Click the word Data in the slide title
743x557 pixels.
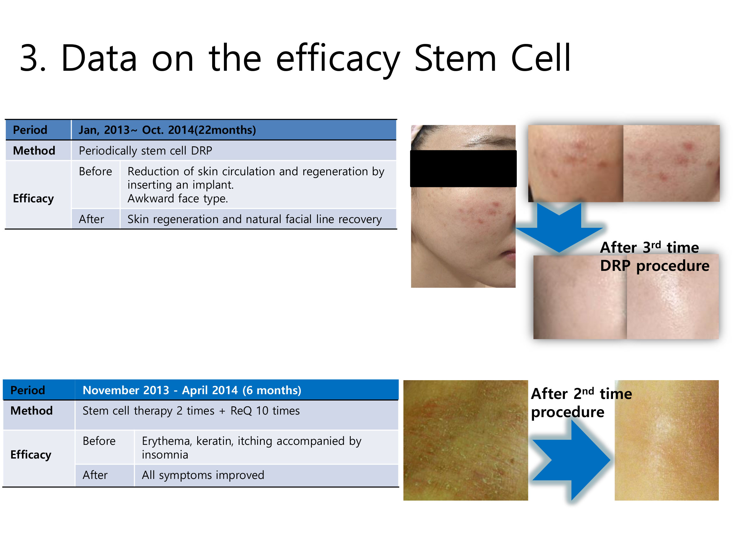coord(99,58)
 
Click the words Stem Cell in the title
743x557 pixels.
coord(493,58)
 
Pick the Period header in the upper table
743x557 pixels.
coord(30,130)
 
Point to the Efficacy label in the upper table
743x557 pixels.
coord(33,199)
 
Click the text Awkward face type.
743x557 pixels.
coord(178,199)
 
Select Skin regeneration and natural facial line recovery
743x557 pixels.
coord(255,219)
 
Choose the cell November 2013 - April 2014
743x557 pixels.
coord(192,390)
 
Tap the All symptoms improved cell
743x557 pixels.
coord(203,475)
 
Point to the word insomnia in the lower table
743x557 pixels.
coord(165,454)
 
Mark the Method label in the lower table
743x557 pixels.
coord(32,410)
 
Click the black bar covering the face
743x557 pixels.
coord(463,168)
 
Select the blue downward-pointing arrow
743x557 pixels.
coord(559,227)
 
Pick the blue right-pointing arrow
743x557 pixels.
coord(571,460)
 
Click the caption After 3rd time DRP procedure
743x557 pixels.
coord(655,256)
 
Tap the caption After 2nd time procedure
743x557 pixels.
coord(581,402)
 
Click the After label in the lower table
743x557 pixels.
coord(95,475)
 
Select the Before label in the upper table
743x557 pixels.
coord(95,171)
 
